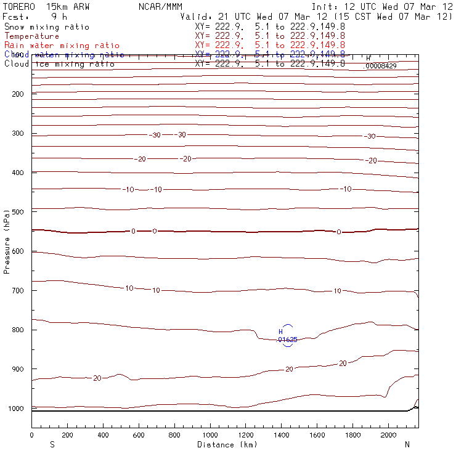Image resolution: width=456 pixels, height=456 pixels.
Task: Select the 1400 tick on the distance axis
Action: [x=282, y=435]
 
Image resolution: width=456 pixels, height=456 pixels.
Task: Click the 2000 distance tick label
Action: [x=389, y=435]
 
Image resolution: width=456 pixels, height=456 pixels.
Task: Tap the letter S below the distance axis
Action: [x=52, y=444]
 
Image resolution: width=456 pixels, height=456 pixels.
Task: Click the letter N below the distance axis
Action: [x=407, y=444]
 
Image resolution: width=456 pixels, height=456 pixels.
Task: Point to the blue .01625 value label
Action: [x=287, y=340]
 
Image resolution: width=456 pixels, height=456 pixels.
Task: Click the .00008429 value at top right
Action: [x=380, y=65]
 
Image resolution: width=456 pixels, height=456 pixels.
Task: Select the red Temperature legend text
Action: [x=32, y=36]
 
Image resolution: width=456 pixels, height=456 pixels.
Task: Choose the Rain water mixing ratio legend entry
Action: [x=62, y=46]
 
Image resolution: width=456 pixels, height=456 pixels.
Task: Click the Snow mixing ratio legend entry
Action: [x=47, y=27]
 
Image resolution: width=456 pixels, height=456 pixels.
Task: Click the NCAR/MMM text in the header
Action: [x=160, y=7]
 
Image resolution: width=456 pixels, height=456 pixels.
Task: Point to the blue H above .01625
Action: [x=281, y=332]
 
